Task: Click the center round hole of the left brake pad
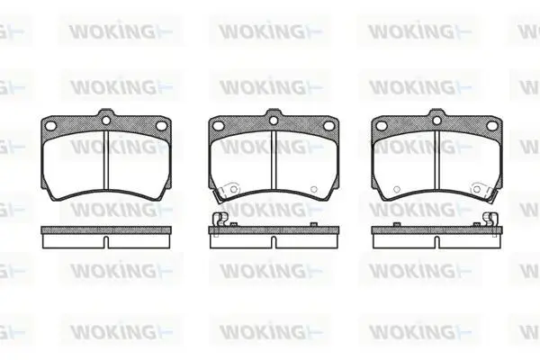[106, 121]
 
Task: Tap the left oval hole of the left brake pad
[50, 126]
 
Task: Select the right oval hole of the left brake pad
[161, 126]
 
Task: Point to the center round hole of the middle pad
[274, 121]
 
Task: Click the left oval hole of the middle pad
[218, 126]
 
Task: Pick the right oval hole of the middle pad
[328, 126]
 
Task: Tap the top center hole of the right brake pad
[436, 121]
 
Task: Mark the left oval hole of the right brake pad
[382, 126]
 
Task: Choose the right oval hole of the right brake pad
[491, 126]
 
